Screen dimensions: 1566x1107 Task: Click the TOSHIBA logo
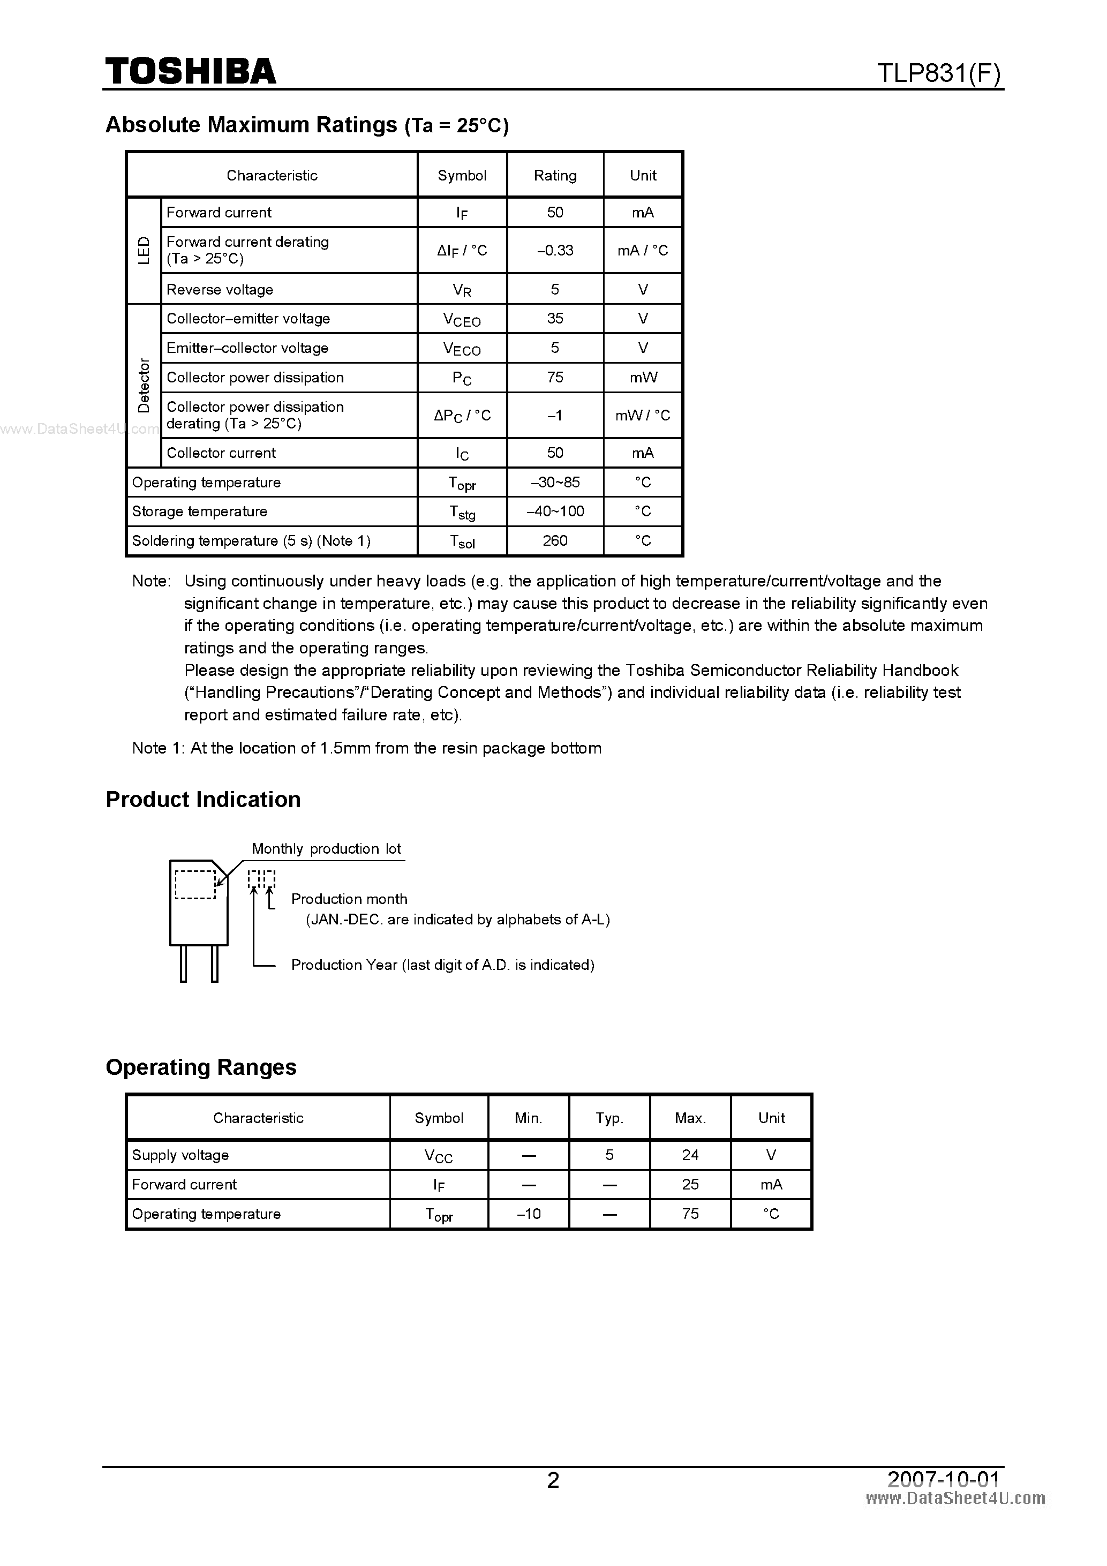[190, 72]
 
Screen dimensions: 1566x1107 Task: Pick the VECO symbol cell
[462, 349]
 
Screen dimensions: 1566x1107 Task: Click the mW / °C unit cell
[643, 416]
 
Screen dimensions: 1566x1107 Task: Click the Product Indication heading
[204, 800]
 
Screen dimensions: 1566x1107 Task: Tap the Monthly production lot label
[326, 848]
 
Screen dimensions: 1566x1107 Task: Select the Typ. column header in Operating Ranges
[609, 1118]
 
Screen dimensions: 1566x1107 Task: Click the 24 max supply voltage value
[690, 1155]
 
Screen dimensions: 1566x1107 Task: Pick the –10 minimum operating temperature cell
[529, 1214]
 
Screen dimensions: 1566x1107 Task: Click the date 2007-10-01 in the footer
[943, 1479]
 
